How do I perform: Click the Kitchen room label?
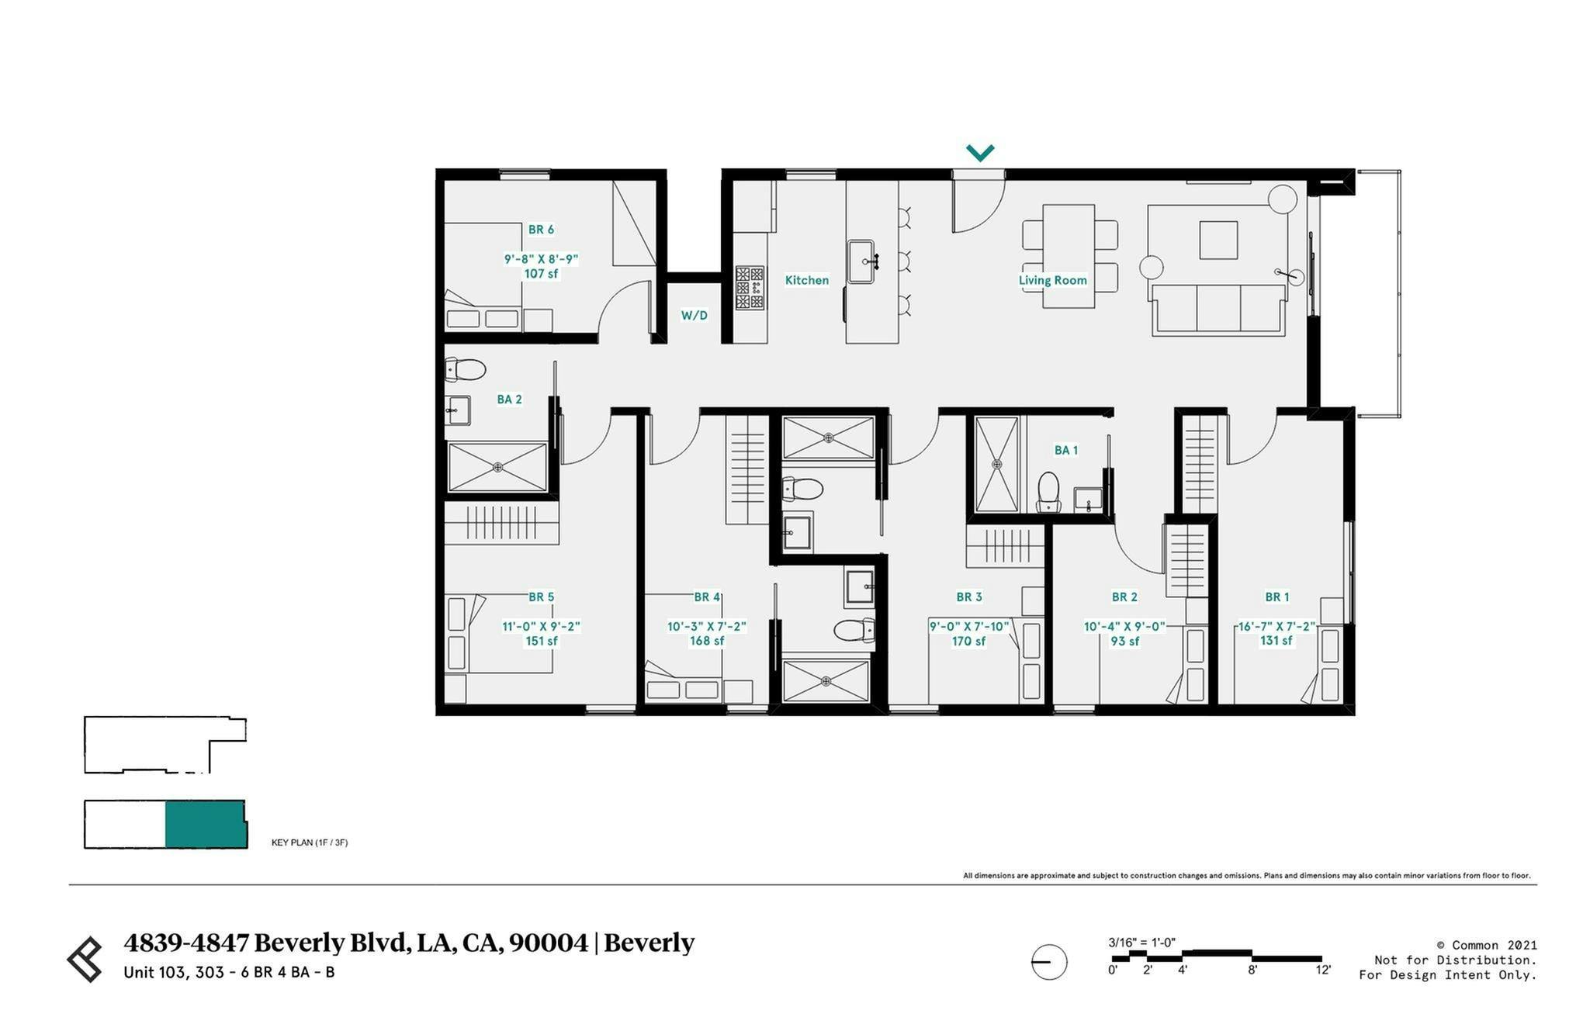(806, 280)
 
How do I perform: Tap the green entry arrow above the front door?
(980, 153)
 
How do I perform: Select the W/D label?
(694, 315)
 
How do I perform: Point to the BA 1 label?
(1065, 450)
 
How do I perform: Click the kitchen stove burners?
(750, 288)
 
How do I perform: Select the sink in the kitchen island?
(863, 261)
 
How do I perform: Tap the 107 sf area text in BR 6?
(541, 274)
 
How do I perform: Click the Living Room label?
(1052, 280)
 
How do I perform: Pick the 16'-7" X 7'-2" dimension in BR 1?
(1276, 626)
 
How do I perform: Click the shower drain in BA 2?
(497, 467)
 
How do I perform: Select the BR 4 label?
(706, 597)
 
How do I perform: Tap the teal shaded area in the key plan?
(205, 824)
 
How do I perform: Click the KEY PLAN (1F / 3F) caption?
(309, 842)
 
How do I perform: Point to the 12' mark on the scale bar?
(1322, 970)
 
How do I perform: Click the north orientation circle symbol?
(1049, 962)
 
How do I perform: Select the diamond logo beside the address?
(85, 959)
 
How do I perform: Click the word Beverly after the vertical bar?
(649, 943)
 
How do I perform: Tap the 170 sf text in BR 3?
(968, 641)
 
